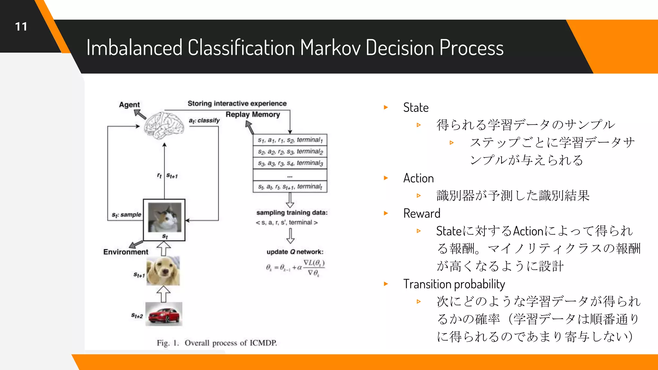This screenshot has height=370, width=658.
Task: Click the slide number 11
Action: (x=21, y=27)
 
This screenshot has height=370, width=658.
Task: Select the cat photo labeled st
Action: (x=164, y=217)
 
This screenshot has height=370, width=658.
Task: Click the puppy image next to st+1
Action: (x=163, y=271)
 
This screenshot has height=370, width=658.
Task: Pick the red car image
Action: (x=164, y=314)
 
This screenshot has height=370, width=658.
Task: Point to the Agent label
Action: (x=129, y=105)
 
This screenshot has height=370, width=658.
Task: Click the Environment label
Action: (x=126, y=252)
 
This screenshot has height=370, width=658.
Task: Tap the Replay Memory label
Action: (x=253, y=115)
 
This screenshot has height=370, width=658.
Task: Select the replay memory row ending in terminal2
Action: (x=290, y=151)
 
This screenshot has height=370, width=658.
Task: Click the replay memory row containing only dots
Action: (x=290, y=175)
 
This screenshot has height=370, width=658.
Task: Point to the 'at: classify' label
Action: (x=204, y=120)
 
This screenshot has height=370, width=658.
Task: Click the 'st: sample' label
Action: (x=126, y=215)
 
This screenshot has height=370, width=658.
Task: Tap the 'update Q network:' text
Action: (x=295, y=252)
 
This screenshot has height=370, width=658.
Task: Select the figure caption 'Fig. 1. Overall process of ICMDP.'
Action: (x=217, y=343)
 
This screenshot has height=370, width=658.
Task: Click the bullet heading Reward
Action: (x=422, y=214)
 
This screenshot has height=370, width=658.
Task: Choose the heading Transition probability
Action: (x=454, y=284)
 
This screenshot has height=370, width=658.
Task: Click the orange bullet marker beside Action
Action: (x=386, y=178)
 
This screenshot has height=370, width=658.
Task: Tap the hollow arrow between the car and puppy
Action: (x=164, y=294)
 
